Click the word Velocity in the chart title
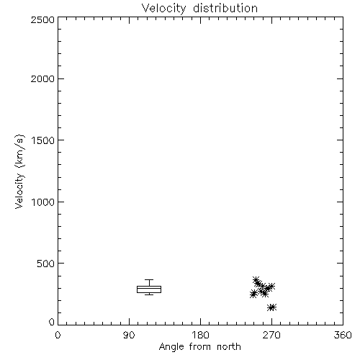(x=164, y=9)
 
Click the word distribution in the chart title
(x=225, y=8)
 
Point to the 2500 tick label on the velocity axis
(x=42, y=19)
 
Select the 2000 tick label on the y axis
(x=42, y=78)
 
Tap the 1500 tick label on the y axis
(x=43, y=140)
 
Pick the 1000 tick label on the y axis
(x=43, y=202)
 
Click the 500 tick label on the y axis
(x=46, y=264)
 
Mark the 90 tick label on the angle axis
(x=129, y=335)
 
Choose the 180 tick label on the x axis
(x=200, y=335)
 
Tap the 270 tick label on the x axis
(x=271, y=335)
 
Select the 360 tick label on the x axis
(x=343, y=335)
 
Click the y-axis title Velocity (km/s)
(x=19, y=171)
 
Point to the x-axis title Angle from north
(x=199, y=347)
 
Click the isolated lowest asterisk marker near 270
(x=271, y=307)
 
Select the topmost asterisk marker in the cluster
(x=256, y=280)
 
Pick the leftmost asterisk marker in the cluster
(x=253, y=294)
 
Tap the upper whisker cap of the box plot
(x=149, y=279)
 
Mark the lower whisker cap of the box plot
(x=149, y=294)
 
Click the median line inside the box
(x=149, y=288)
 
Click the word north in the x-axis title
(x=229, y=346)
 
